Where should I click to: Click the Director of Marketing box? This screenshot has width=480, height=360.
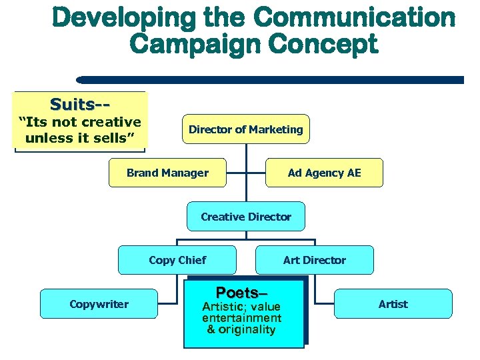click(x=245, y=129)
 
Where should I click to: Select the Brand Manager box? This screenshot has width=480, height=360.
click(x=167, y=173)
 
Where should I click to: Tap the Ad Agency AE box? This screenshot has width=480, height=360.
click(x=324, y=173)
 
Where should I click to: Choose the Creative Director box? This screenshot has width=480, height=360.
click(x=246, y=217)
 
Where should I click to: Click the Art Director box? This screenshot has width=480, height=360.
click(x=315, y=260)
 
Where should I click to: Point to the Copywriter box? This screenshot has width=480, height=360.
click(x=99, y=304)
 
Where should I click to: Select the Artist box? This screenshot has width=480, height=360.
click(x=393, y=304)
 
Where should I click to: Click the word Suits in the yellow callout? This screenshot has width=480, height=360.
click(x=72, y=105)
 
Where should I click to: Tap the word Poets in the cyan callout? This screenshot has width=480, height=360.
click(x=237, y=293)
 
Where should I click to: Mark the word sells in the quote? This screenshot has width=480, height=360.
click(x=114, y=138)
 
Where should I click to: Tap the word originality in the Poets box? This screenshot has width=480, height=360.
click(x=247, y=330)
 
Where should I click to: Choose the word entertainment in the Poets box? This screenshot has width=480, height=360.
click(x=241, y=318)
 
